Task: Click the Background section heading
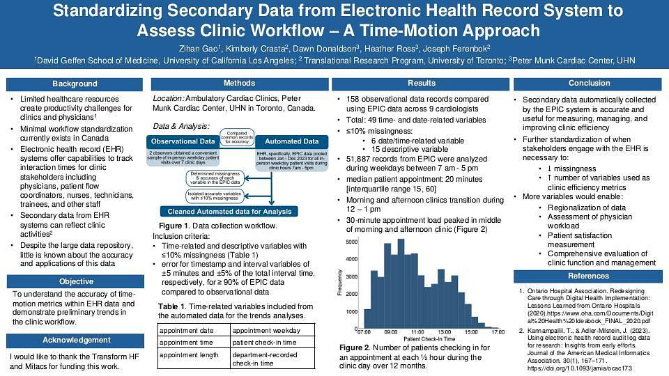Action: [x=75, y=84]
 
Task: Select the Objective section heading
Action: [x=75, y=281]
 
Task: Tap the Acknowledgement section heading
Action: [x=75, y=340]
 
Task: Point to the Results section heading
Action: [x=421, y=84]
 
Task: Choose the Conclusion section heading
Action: [x=589, y=84]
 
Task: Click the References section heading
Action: [x=589, y=276]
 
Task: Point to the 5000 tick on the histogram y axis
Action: [x=352, y=242]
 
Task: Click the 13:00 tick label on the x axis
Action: [x=445, y=332]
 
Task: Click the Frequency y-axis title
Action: [x=340, y=283]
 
